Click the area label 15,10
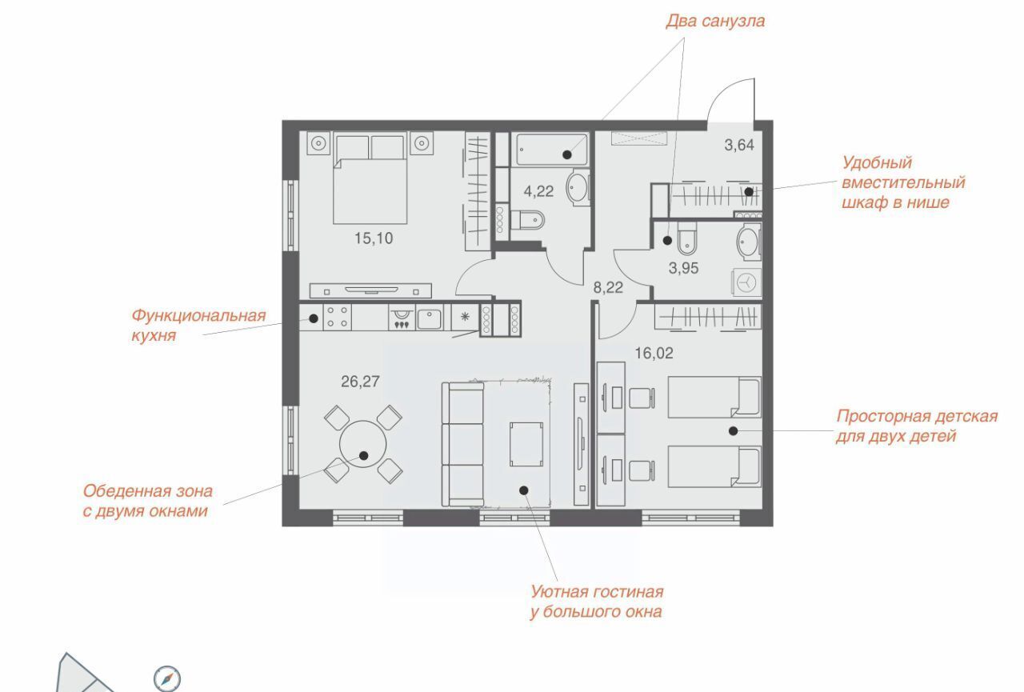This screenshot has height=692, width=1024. click(x=374, y=238)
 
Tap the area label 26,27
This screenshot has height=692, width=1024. click(x=360, y=381)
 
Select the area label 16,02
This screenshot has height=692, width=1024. click(x=654, y=353)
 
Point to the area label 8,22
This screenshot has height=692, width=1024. click(x=608, y=287)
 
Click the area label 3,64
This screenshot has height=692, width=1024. click(x=739, y=145)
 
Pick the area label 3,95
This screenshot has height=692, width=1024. click(x=683, y=268)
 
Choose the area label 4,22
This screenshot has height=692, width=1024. click(x=538, y=191)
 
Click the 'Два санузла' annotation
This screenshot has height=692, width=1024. click(x=715, y=21)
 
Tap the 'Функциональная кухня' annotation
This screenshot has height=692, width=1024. click(x=198, y=326)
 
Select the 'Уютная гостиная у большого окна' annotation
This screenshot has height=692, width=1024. click(x=597, y=602)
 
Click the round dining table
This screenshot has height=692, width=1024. click(x=363, y=444)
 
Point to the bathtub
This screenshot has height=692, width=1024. click(x=552, y=150)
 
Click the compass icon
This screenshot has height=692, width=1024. click(x=167, y=678)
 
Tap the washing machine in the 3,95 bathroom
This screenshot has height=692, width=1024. click(x=746, y=282)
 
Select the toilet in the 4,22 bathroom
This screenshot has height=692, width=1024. click(x=527, y=220)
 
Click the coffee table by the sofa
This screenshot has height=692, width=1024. click(x=526, y=444)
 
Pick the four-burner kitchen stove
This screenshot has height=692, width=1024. click(x=338, y=318)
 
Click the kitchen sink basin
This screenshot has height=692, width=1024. click(x=430, y=318)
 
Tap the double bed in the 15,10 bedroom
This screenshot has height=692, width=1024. click(x=370, y=178)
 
